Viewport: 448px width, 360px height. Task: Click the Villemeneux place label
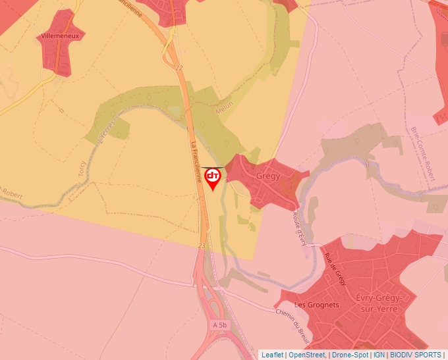click(x=60, y=35)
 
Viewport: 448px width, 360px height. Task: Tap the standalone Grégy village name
click(x=268, y=176)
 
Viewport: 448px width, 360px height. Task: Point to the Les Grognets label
click(x=316, y=305)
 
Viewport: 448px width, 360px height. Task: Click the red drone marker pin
click(x=213, y=178)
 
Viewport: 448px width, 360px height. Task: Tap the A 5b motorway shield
click(x=219, y=325)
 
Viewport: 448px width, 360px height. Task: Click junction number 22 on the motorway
click(x=179, y=68)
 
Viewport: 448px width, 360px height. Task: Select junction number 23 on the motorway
click(x=201, y=245)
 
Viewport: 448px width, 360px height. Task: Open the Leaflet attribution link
click(x=272, y=355)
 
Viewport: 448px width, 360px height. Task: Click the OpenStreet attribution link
click(x=306, y=355)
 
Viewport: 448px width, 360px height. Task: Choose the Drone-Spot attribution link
click(x=350, y=355)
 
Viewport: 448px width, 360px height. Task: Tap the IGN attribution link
click(x=379, y=355)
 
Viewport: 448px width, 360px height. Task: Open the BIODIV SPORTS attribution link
click(x=416, y=355)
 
